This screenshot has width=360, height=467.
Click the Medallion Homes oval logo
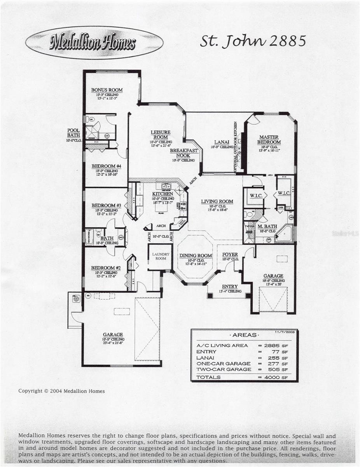(x=94, y=42)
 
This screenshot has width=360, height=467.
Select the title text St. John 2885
(x=253, y=41)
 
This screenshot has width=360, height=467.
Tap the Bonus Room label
(x=107, y=90)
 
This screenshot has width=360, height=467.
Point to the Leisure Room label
(x=161, y=135)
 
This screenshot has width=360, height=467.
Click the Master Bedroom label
(x=270, y=139)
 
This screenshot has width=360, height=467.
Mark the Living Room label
(x=217, y=202)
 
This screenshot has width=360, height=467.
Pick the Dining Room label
(x=196, y=256)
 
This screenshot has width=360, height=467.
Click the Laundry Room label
(x=160, y=256)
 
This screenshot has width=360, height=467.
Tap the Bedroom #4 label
(x=107, y=166)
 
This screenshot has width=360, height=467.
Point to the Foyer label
(x=230, y=255)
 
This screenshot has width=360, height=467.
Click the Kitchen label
(x=163, y=194)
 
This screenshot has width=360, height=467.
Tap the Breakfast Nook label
(x=183, y=153)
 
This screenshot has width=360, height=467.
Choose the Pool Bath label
(x=73, y=133)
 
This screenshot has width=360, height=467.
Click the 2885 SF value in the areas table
(x=278, y=345)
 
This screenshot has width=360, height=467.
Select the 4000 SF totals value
(x=278, y=377)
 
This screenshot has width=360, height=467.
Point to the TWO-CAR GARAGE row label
(x=224, y=369)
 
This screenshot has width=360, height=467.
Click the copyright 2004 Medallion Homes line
(x=61, y=391)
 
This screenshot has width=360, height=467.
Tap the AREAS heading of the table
(x=244, y=335)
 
